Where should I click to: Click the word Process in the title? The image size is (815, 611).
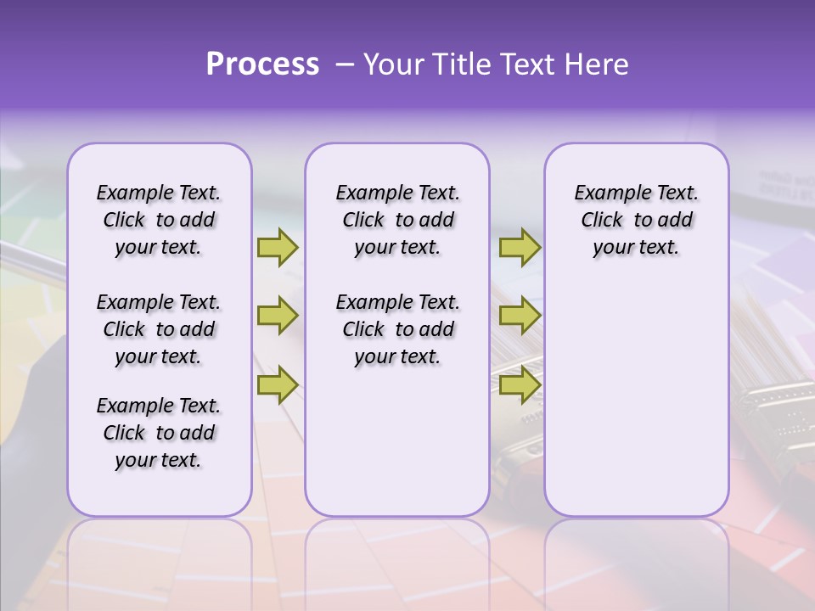point(262,64)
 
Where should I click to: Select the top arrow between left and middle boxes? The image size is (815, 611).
point(278,247)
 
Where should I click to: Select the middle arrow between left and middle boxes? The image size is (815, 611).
point(278,316)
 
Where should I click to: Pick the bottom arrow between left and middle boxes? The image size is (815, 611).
point(278,385)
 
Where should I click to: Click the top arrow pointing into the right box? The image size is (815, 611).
point(520,247)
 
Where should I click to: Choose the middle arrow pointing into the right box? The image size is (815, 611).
point(520,316)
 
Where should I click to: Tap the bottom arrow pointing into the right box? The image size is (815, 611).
point(520,385)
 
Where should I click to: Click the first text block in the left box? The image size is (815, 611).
point(159,220)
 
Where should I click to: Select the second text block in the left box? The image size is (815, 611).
point(159,329)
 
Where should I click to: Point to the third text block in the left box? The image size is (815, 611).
point(159,433)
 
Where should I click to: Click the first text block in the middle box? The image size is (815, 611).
point(397,220)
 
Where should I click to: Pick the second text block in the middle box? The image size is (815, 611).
point(397,329)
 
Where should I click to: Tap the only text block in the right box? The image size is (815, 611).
point(636,220)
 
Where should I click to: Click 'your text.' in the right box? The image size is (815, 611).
point(636,248)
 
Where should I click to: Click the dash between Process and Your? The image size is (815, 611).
point(344,64)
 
